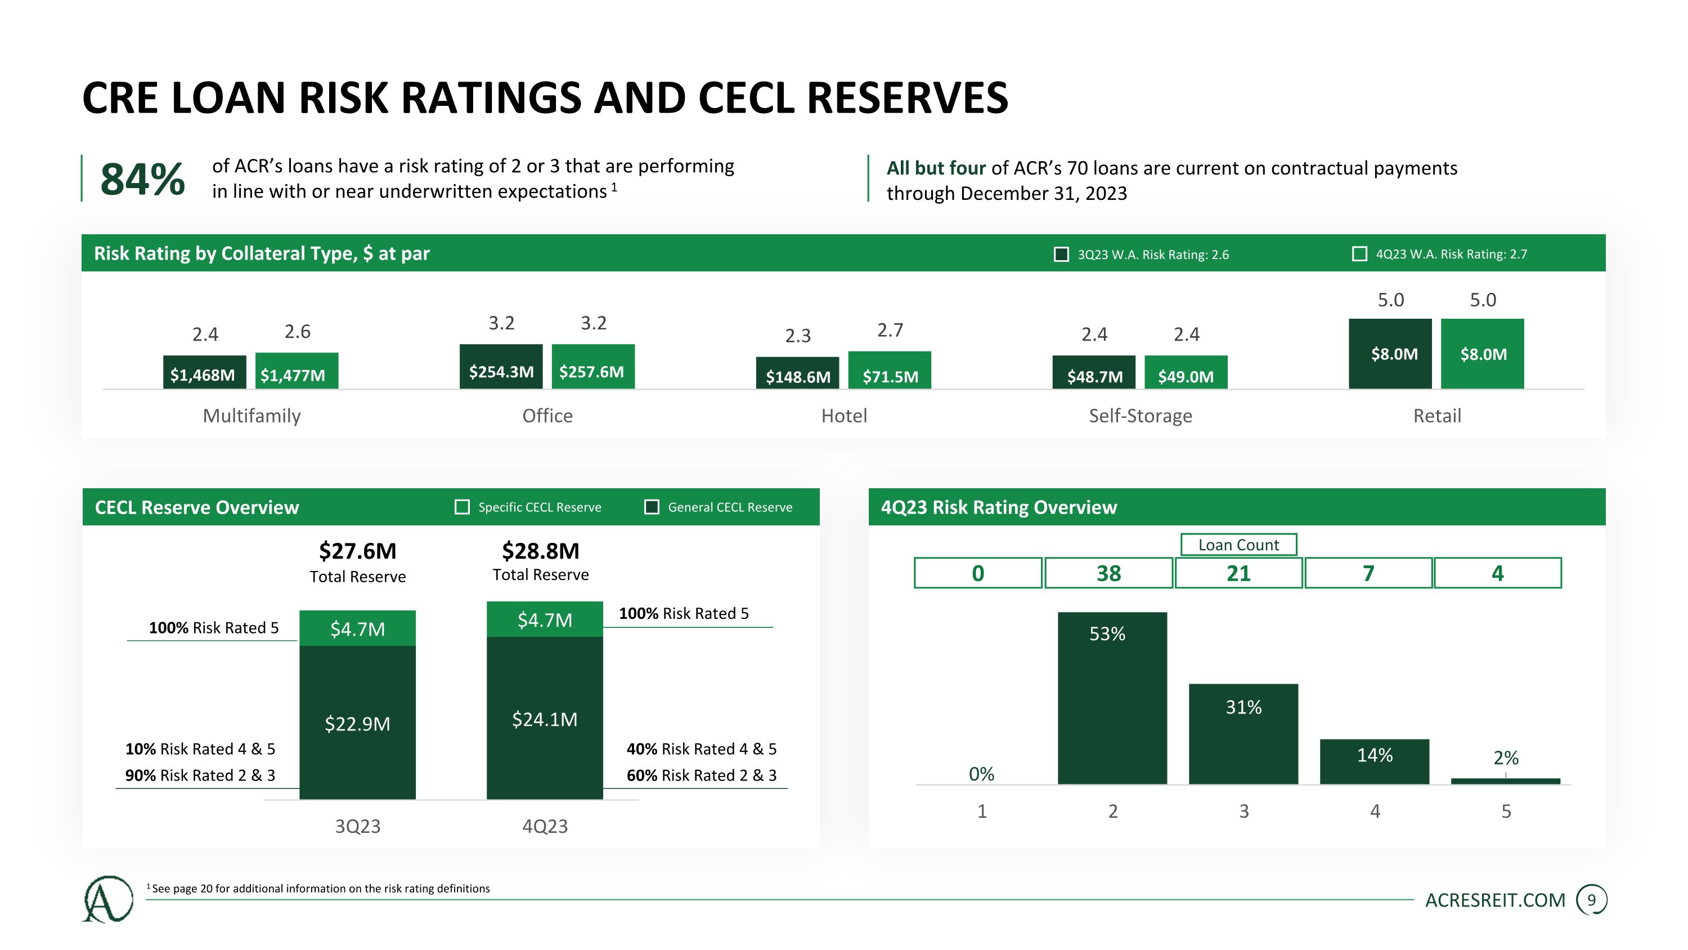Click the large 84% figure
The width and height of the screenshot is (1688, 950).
142,179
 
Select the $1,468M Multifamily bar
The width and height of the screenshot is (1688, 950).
204,372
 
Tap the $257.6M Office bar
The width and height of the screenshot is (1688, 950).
592,367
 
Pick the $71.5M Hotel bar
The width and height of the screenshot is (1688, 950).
889,371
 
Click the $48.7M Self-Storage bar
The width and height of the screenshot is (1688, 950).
1094,372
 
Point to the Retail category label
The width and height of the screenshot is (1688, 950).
1436,416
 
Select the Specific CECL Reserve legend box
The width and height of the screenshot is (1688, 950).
462,507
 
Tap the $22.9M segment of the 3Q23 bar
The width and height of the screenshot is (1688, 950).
357,722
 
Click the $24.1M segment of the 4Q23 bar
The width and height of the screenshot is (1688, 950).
544,719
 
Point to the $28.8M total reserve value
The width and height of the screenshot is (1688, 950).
541,551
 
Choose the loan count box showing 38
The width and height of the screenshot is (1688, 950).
1108,573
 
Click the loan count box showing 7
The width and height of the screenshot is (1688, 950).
1368,573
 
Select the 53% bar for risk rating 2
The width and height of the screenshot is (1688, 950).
1112,698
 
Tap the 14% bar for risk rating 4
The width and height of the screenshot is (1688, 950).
1374,761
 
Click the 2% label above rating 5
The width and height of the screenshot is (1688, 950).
1505,758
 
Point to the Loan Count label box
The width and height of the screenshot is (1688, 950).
1238,545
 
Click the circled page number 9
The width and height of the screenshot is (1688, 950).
1591,900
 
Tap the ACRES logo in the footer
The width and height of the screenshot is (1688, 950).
107,899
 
